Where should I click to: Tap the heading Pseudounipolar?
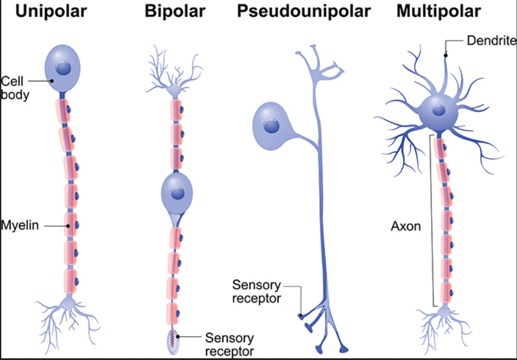[x=304, y=12]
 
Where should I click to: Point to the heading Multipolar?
[x=438, y=12]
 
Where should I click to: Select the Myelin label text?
[x=20, y=225]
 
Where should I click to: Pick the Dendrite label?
[x=491, y=41]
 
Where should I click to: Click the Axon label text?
[x=406, y=226]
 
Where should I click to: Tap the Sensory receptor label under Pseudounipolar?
[x=256, y=291]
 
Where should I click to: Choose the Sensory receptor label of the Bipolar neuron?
[x=229, y=345]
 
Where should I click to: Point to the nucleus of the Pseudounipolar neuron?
[x=271, y=126]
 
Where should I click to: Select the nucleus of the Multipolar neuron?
[x=439, y=110]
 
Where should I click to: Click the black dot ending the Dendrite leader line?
[x=446, y=55]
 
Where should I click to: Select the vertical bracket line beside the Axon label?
[x=431, y=221]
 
